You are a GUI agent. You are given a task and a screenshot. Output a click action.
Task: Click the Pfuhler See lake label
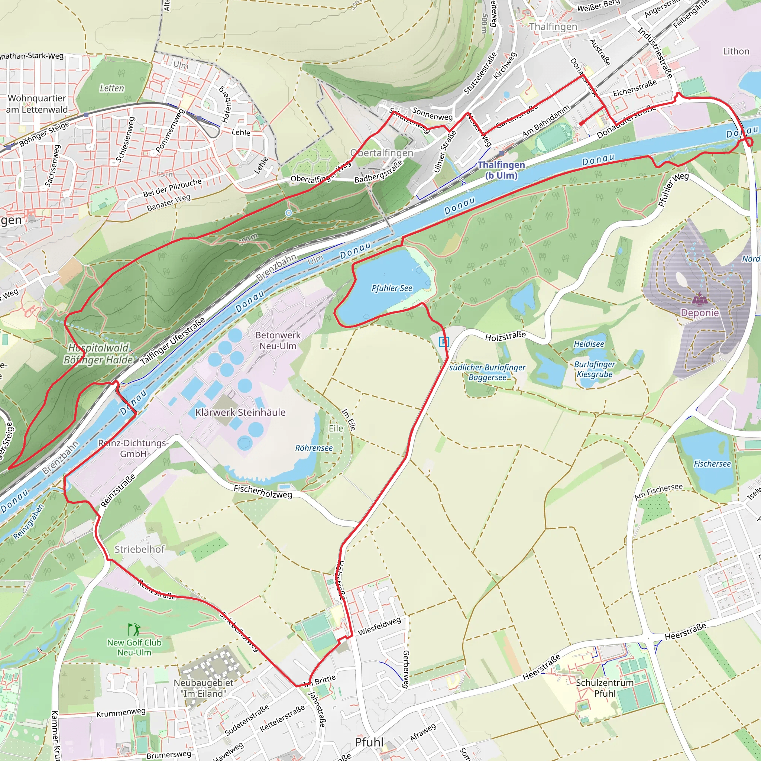coord(392,288)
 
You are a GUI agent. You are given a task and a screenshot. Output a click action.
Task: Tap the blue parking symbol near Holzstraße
coord(444,341)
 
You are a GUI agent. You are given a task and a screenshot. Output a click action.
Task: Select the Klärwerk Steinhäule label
coord(240,412)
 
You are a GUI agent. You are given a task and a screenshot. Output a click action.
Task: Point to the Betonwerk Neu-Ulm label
coord(278,340)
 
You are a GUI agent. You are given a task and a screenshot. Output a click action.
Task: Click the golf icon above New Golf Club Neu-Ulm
coord(134,629)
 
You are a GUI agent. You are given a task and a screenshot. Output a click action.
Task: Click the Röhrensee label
coord(314,448)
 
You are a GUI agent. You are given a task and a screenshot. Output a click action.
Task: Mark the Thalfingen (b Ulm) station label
coord(501,170)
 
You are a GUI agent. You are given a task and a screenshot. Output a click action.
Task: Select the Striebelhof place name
coord(139,549)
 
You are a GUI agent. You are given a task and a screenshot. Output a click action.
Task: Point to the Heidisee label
coord(589,344)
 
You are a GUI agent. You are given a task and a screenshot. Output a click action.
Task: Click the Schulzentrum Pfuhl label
coord(605,688)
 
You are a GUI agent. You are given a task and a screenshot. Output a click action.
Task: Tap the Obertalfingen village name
coord(382,153)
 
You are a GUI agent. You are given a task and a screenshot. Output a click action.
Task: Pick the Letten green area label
coord(111,88)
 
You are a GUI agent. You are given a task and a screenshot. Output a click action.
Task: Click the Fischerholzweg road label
coord(263,492)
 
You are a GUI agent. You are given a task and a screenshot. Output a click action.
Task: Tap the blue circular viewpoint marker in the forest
coord(288,213)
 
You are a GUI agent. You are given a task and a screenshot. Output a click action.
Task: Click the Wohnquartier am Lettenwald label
coord(37,104)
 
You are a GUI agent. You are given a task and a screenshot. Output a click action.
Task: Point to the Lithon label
coord(736,51)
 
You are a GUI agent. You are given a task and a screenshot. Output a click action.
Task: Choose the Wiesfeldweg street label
coord(379,626)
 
